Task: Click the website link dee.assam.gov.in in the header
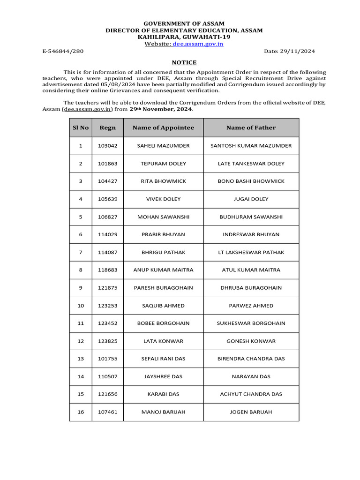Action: [x=198, y=44]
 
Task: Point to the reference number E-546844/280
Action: [x=62, y=52]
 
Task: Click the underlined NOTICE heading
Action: [x=184, y=62]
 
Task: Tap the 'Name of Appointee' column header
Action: [x=163, y=127]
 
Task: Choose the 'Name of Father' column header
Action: [x=251, y=127]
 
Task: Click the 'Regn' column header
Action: [x=107, y=127]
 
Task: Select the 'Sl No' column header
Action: [x=80, y=127]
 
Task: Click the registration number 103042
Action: [x=107, y=146]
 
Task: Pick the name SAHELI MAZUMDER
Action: [x=163, y=146]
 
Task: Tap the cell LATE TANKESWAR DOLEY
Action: [x=251, y=164]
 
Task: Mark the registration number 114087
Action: [x=107, y=252]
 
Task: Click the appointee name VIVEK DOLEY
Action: [x=163, y=199]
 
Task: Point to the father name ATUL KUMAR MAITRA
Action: [x=251, y=270]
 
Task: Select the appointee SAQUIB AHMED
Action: [x=163, y=306]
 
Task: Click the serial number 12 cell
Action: [x=80, y=341]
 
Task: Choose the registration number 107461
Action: [x=107, y=412]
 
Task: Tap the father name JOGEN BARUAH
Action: [x=251, y=412]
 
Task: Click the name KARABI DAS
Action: [x=163, y=394]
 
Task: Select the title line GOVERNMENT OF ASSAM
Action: [x=184, y=23]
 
